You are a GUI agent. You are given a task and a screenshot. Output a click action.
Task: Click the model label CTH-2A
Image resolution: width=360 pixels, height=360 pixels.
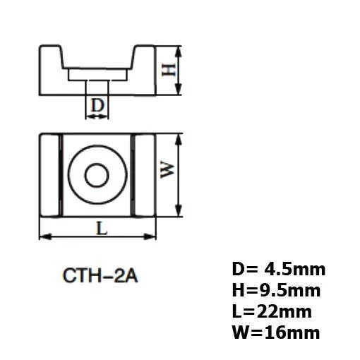point(100,275)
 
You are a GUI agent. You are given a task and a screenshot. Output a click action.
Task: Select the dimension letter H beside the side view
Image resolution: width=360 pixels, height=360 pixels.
point(169,70)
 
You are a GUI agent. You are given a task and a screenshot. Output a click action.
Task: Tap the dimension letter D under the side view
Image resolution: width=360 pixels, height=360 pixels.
point(97,105)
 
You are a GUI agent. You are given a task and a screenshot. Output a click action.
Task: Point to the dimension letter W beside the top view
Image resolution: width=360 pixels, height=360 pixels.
point(167,170)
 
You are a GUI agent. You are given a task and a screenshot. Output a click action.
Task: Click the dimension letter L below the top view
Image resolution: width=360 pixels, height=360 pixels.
point(102,229)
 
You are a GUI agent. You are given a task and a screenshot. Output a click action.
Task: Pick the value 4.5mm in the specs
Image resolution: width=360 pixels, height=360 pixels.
point(295,270)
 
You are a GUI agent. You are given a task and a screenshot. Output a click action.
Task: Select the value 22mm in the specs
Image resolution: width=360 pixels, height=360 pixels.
point(284,311)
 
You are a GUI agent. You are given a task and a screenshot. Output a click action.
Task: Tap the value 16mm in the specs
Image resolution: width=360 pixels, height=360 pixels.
point(292,332)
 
